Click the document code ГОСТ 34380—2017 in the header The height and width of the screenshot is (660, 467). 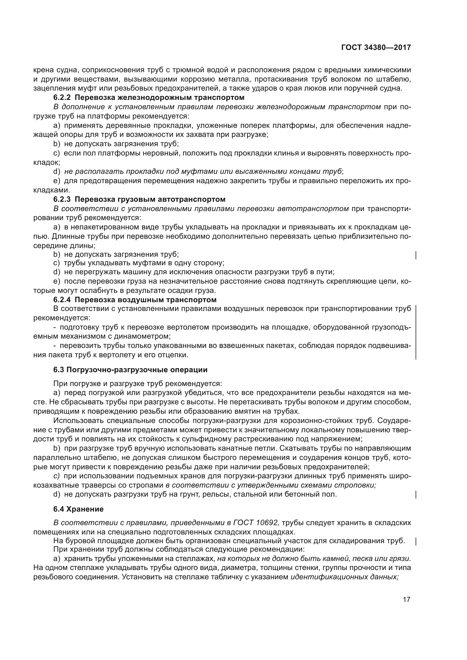[x=376, y=47]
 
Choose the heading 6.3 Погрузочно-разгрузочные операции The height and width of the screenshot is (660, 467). [x=130, y=370]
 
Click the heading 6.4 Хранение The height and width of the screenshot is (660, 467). [x=78, y=509]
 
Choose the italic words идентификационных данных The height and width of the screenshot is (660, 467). [x=344, y=577]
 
